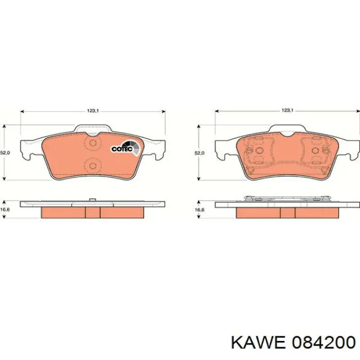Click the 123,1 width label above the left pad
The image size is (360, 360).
tap(93, 110)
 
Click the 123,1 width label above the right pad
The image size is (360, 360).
tap(287, 110)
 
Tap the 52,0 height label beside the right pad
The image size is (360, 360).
tap(199, 153)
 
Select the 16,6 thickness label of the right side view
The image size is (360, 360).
tap(199, 210)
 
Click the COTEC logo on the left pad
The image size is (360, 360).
tap(123, 149)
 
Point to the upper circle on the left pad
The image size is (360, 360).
tap(93, 144)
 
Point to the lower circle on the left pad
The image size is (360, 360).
tap(93, 165)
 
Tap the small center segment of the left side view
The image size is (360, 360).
tap(93, 212)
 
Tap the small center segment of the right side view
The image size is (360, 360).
tap(287, 212)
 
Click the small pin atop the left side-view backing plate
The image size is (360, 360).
tap(91, 200)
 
